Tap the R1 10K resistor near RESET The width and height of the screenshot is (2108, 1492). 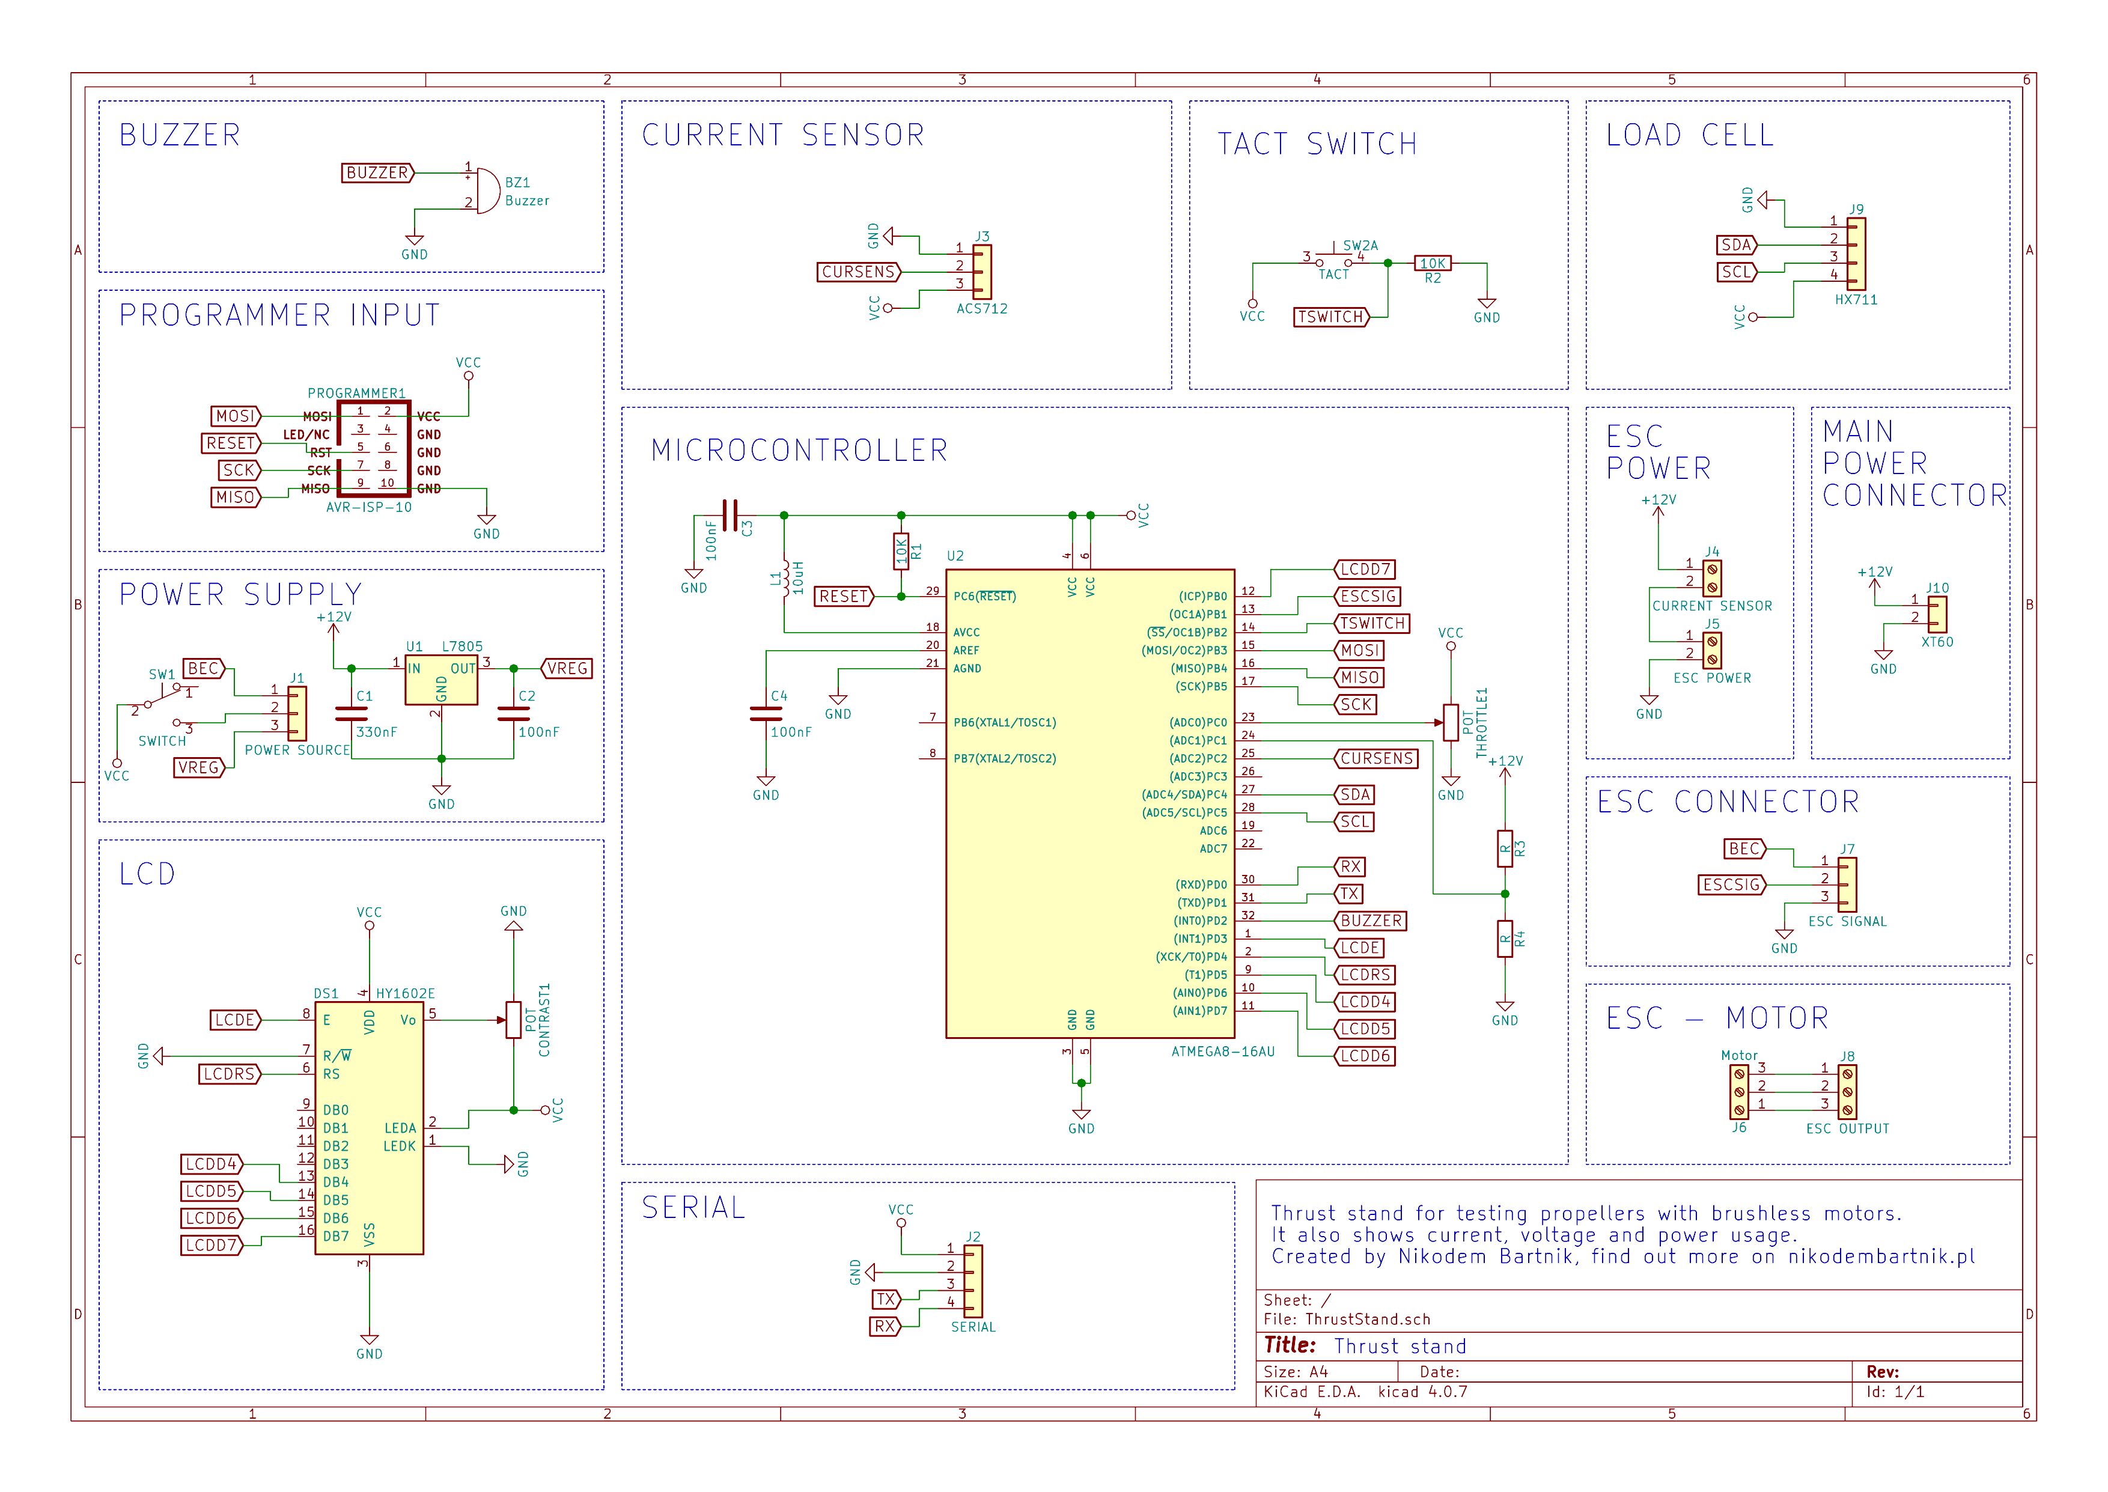pyautogui.click(x=901, y=552)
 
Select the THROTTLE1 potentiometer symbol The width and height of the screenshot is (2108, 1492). pyautogui.click(x=1451, y=722)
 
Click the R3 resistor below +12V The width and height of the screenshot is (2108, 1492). pyautogui.click(x=1505, y=849)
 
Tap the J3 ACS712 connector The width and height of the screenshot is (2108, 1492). pyautogui.click(x=982, y=272)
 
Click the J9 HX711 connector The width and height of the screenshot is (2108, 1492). pyautogui.click(x=1856, y=254)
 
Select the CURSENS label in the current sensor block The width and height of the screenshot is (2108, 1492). pyautogui.click(x=858, y=272)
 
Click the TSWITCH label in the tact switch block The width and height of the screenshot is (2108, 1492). pyautogui.click(x=1330, y=317)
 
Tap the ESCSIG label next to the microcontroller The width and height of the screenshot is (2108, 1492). pyautogui.click(x=1368, y=596)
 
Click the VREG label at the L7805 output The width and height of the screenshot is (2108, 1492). pyautogui.click(x=567, y=669)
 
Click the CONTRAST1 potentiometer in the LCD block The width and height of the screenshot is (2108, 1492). pyautogui.click(x=513, y=1020)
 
